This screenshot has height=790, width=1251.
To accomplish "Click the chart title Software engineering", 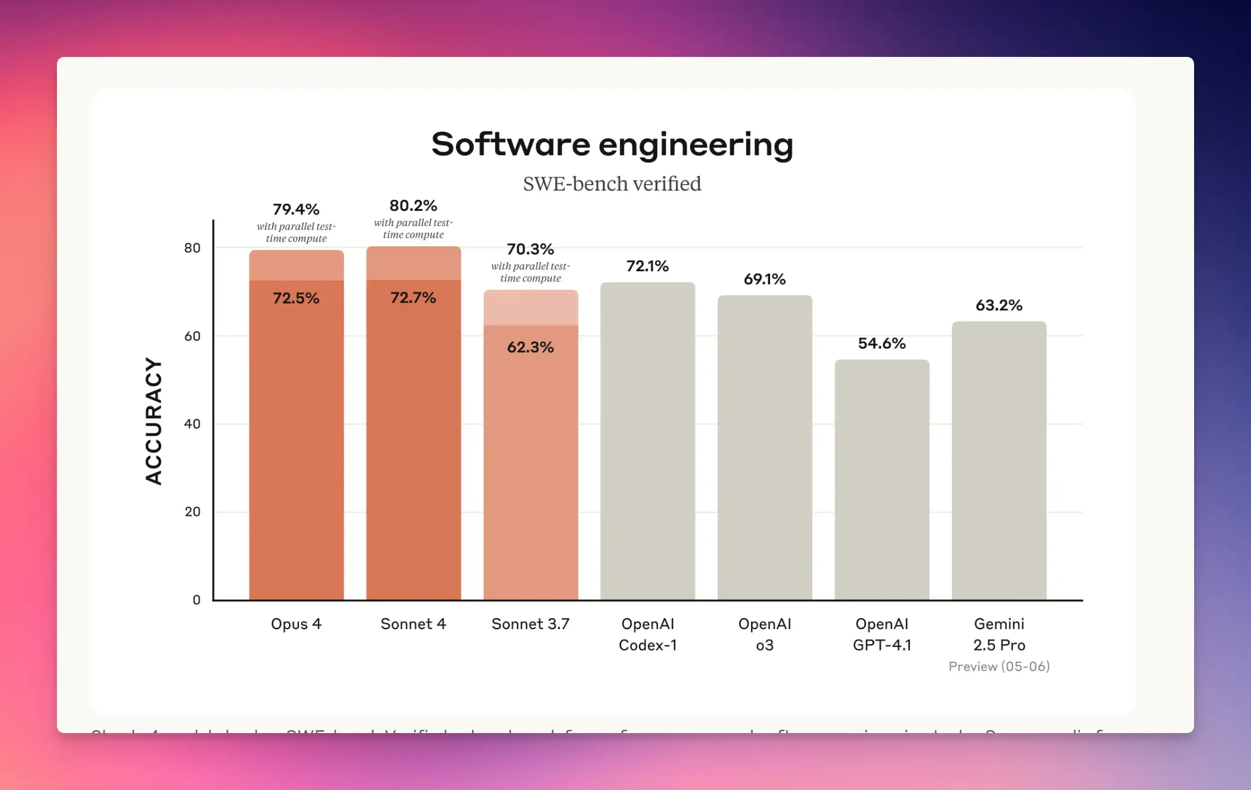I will pos(612,144).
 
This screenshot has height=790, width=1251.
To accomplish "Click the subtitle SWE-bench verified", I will pos(612,184).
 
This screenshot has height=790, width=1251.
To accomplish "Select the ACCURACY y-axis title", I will pos(153,421).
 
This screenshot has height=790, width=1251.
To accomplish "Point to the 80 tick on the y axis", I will pos(192,248).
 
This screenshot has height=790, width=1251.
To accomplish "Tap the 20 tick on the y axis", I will pos(192,512).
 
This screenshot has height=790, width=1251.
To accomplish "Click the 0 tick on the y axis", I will pos(196,600).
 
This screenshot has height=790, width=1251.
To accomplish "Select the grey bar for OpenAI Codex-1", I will pos(648,441).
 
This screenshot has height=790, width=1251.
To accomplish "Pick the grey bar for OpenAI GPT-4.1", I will pos(882,479).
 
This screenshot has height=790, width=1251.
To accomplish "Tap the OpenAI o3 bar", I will pos(764,447).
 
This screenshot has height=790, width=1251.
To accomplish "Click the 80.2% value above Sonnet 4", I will pos(413,206).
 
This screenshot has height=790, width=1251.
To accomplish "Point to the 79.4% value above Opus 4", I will pos(296,209).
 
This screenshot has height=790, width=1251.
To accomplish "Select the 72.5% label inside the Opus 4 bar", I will pos(296,299).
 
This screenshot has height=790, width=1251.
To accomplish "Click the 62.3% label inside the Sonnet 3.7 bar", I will pos(530,347).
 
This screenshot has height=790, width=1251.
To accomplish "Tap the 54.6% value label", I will pos(882,343).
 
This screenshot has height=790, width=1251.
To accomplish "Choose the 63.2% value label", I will pos(999,306).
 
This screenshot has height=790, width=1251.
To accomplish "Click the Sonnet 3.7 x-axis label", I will pos(530,624).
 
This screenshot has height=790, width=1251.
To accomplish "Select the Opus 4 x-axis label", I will pos(296,624).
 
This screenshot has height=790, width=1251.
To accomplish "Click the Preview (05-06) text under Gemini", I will pos(999,667).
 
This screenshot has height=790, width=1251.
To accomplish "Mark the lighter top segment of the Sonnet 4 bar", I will pos(414,263).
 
